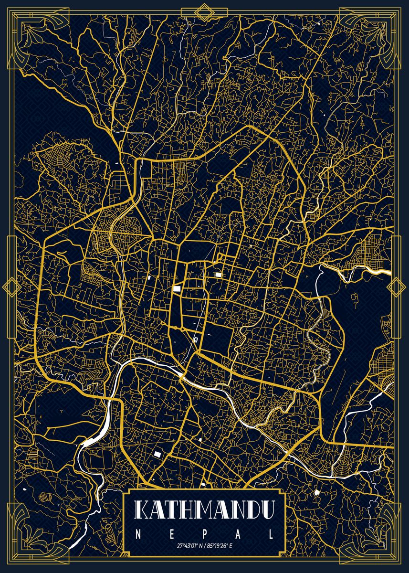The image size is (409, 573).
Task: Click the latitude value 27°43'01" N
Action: click(189, 545)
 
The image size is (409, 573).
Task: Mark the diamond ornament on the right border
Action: click(396, 286)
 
